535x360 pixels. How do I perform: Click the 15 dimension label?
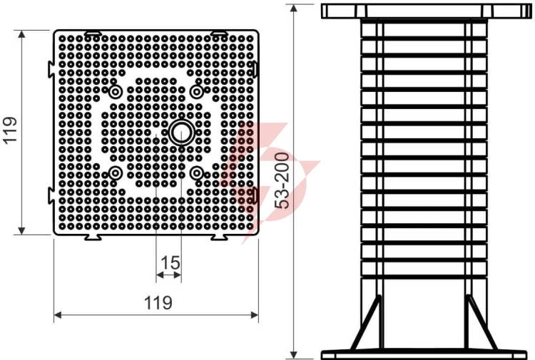[x=170, y=263]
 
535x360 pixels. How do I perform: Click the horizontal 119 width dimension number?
[x=158, y=303]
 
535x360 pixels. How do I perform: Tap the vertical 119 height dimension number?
[x=10, y=130]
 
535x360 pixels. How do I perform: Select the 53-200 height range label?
[x=282, y=180]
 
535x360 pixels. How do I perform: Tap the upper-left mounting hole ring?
[x=116, y=92]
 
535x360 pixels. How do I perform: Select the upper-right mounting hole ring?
[x=197, y=92]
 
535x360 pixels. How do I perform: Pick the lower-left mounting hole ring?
[x=116, y=173]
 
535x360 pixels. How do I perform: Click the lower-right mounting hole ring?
[x=197, y=173]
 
